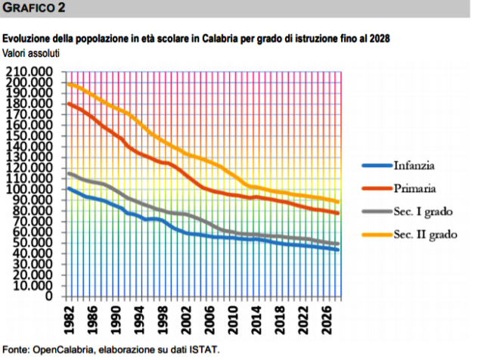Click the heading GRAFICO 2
click(34, 8)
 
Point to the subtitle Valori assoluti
click(31, 53)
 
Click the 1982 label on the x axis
click(69, 318)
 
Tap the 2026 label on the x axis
click(328, 318)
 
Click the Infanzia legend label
click(414, 164)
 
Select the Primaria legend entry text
click(414, 188)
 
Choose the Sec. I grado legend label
click(422, 211)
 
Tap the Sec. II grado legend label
click(425, 234)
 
